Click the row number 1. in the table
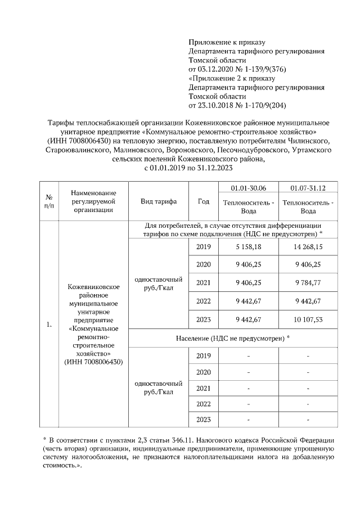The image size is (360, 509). pyautogui.click(x=48, y=324)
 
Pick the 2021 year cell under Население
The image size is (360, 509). pyautogui.click(x=204, y=388)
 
